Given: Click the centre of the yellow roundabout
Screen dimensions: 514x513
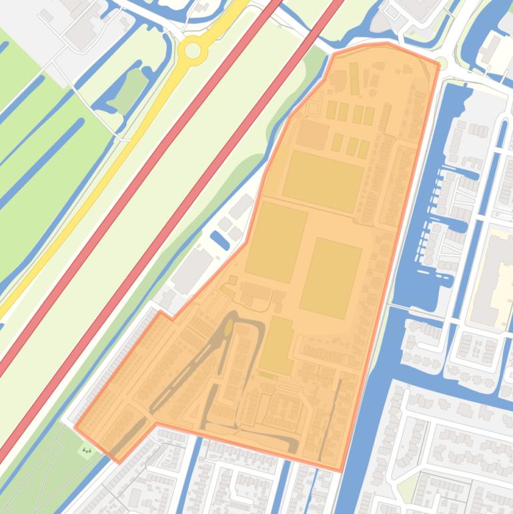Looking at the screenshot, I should point(193,50).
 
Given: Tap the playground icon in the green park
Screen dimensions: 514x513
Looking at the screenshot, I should point(86,451).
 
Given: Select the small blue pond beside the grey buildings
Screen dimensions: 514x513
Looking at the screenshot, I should point(219,240).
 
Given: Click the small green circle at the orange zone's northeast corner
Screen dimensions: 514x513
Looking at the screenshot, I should point(440,64).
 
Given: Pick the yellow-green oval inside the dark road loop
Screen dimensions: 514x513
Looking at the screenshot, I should point(229,327).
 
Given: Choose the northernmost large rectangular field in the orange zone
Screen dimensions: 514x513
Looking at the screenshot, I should point(323,181).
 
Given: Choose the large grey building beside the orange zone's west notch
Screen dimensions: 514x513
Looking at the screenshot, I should point(193,270).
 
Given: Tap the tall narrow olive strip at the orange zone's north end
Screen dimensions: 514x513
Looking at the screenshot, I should point(354,78).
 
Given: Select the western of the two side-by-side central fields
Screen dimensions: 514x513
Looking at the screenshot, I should point(276,242).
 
